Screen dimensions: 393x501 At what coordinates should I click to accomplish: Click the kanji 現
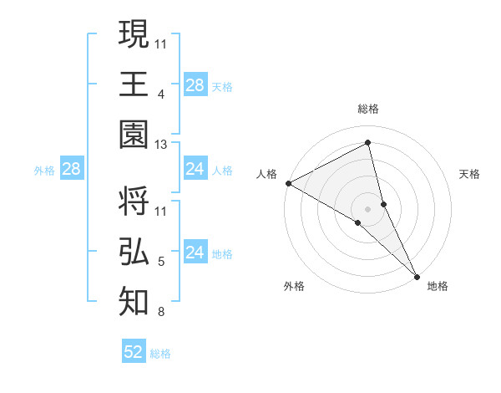[x=134, y=36]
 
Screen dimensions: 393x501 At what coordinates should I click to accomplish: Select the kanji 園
[x=134, y=134]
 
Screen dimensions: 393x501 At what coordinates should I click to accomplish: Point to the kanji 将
[x=134, y=203]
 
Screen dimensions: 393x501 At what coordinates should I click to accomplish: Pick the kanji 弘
[x=134, y=251]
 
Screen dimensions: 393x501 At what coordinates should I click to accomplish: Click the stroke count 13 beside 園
[x=161, y=145]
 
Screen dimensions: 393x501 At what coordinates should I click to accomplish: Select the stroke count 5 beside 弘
[x=160, y=262]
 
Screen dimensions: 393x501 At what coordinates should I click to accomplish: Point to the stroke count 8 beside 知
[x=160, y=313]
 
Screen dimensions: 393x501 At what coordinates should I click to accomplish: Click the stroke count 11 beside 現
[x=161, y=43]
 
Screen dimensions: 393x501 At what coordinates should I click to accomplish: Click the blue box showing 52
[x=134, y=352]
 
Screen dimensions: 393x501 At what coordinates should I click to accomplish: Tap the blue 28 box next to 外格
[x=71, y=170]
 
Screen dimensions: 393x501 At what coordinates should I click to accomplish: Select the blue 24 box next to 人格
[x=195, y=170]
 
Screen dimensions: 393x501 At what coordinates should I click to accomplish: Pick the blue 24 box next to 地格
[x=195, y=253]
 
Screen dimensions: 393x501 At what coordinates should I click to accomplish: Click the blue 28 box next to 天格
[x=195, y=85]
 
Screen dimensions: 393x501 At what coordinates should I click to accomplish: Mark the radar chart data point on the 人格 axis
[x=288, y=183]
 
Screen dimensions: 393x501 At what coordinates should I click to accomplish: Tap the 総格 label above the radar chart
[x=368, y=109]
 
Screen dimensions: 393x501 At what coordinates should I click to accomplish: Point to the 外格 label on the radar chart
[x=294, y=286]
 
